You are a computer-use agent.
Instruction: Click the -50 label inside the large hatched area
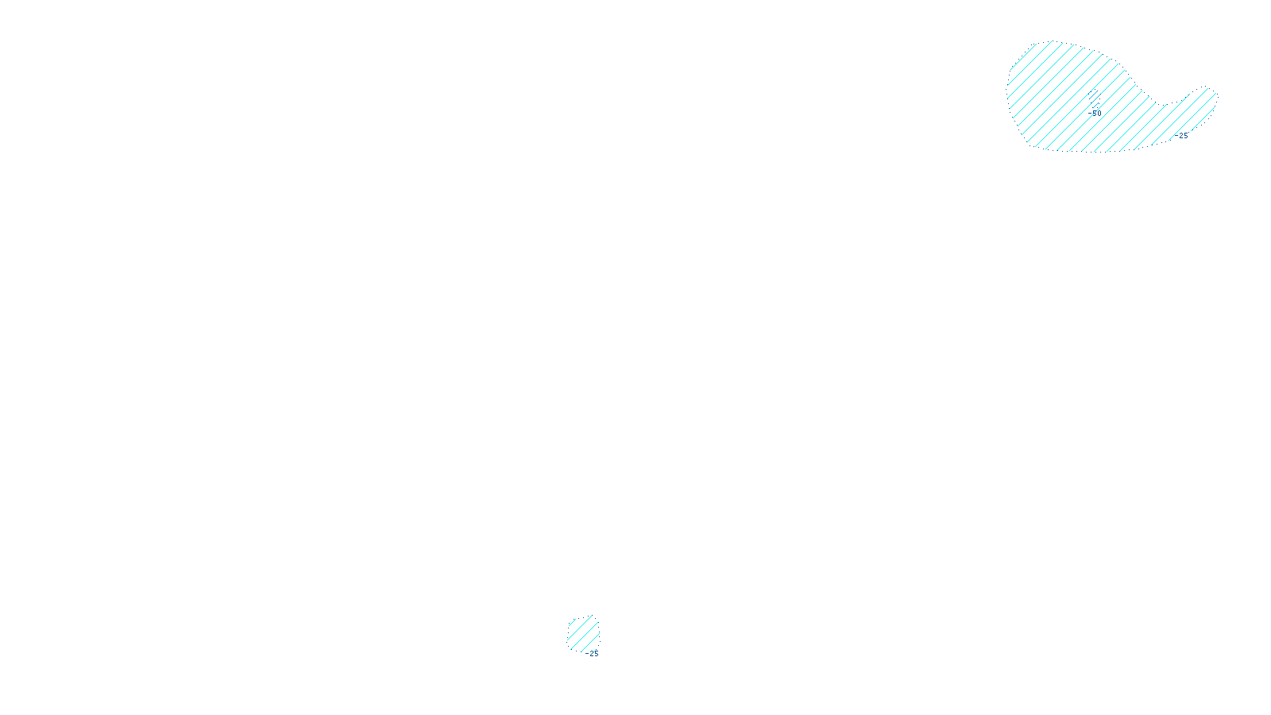click(x=1095, y=114)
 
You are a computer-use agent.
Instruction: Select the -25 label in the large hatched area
click(x=1182, y=136)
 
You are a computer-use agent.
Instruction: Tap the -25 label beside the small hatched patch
click(x=592, y=654)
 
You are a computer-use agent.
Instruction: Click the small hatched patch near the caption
click(x=583, y=633)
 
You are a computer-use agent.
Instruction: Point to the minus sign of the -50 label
click(x=1090, y=114)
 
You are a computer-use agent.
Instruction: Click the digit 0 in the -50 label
click(x=1099, y=114)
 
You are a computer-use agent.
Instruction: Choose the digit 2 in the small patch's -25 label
click(x=591, y=654)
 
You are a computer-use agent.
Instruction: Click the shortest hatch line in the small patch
click(x=570, y=623)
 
